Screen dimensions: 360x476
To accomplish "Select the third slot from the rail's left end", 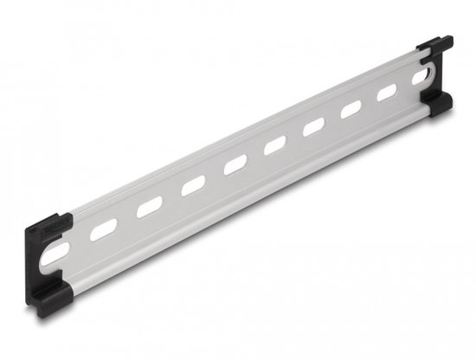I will (150, 206).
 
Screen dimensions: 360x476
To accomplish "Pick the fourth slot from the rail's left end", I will (194, 183).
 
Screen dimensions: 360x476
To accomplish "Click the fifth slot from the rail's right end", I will (275, 145).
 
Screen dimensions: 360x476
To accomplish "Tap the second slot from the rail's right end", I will (386, 92).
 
